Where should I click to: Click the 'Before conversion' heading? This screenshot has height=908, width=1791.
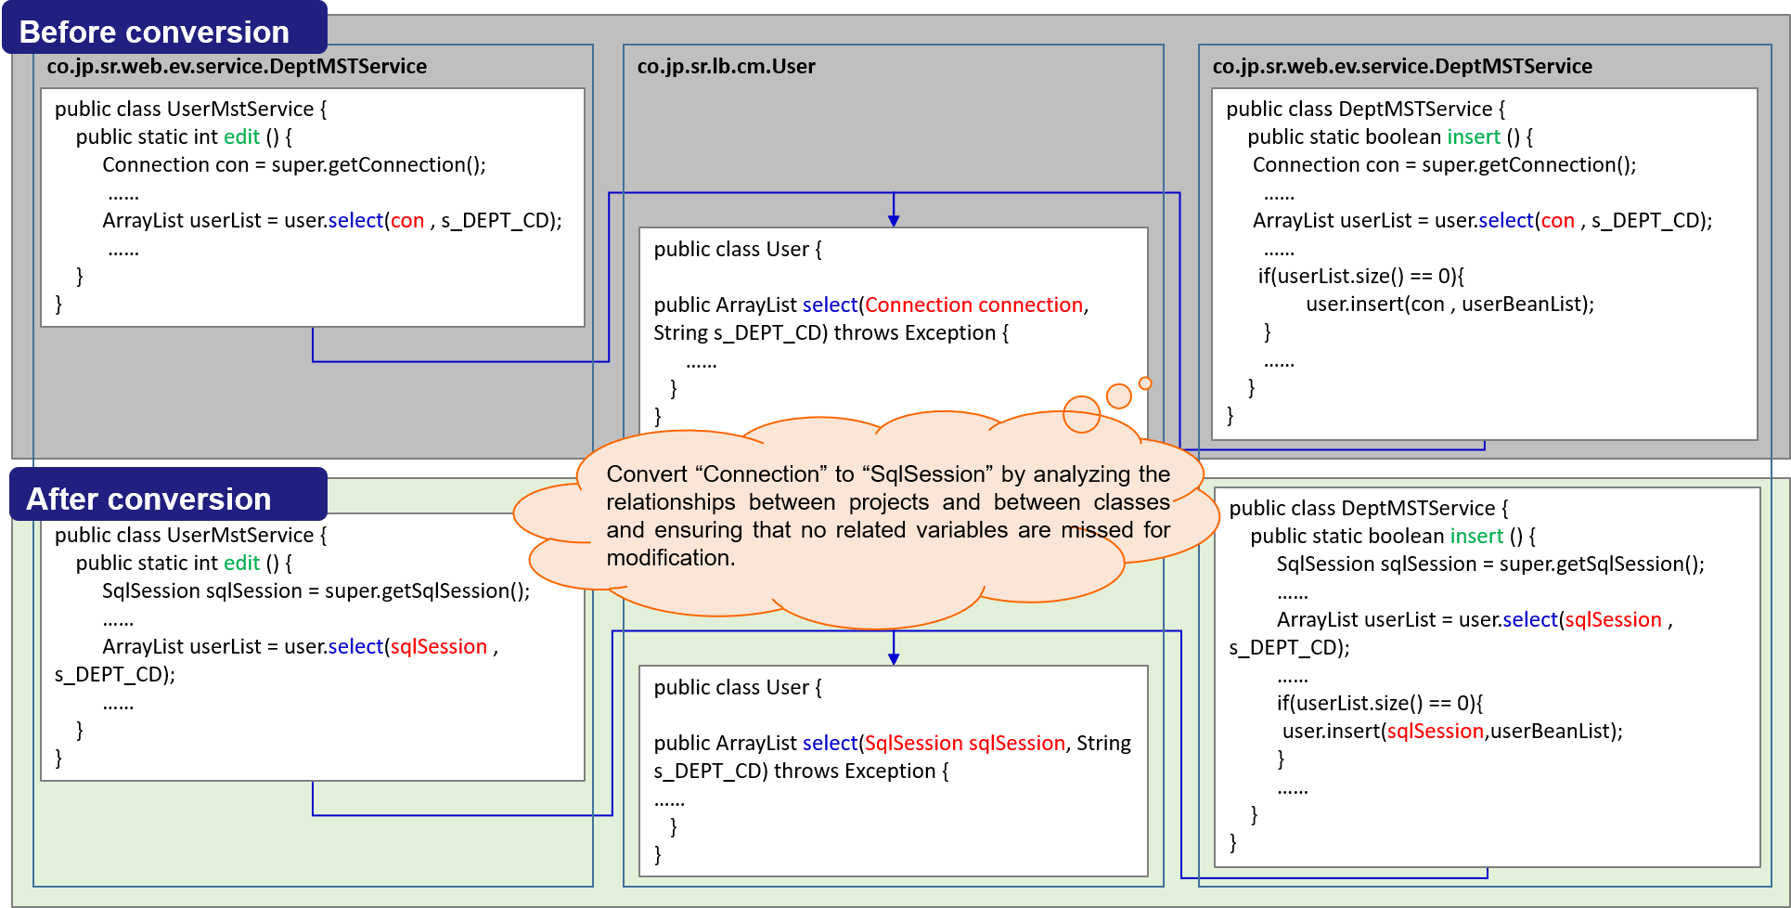pyautogui.click(x=154, y=32)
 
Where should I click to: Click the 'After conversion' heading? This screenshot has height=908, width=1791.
pyautogui.click(x=148, y=499)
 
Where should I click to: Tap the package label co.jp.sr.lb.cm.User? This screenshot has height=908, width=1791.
pyautogui.click(x=726, y=67)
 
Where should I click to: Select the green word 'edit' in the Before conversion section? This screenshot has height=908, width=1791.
pyautogui.click(x=241, y=137)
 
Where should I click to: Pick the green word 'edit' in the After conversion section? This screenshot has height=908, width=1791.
pyautogui.click(x=241, y=564)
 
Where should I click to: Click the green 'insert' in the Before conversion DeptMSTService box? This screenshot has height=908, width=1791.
pyautogui.click(x=1473, y=137)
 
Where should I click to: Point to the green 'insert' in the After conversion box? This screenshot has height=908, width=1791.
pyautogui.click(x=1475, y=537)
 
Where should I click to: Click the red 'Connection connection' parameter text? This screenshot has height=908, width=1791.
pyautogui.click(x=973, y=305)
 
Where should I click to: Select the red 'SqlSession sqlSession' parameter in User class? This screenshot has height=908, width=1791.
pyautogui.click(x=964, y=744)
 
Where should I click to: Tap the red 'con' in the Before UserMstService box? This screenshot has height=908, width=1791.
pyautogui.click(x=406, y=221)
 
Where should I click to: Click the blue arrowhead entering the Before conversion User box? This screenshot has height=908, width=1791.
pyautogui.click(x=894, y=221)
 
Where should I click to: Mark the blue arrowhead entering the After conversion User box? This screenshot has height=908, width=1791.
pyautogui.click(x=894, y=659)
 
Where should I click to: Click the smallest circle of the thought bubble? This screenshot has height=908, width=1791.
pyautogui.click(x=1145, y=383)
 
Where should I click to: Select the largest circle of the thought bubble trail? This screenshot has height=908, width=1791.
pyautogui.click(x=1081, y=414)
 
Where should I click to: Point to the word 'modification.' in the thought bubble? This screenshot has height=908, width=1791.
pyautogui.click(x=670, y=558)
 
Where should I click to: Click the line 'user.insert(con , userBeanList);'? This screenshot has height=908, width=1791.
pyautogui.click(x=1450, y=305)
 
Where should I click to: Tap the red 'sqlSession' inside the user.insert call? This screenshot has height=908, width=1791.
pyautogui.click(x=1435, y=732)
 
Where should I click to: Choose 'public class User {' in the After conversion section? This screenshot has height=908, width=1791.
pyautogui.click(x=738, y=688)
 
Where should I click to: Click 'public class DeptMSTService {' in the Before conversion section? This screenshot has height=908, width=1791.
pyautogui.click(x=1365, y=110)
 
